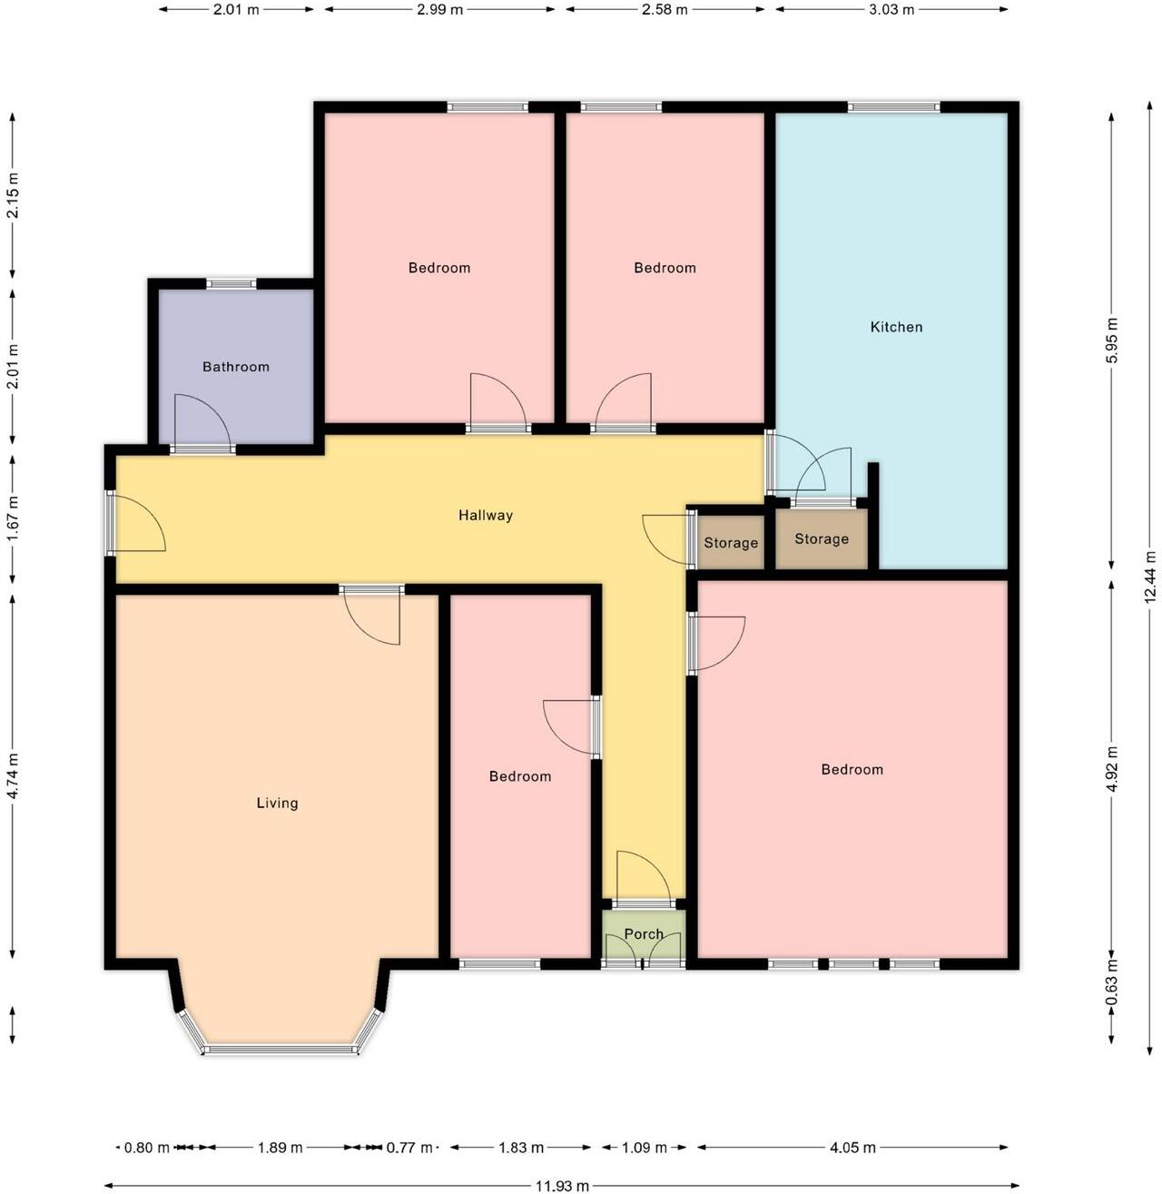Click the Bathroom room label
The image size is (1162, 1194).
pyautogui.click(x=236, y=367)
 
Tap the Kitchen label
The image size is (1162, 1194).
pyautogui.click(x=896, y=327)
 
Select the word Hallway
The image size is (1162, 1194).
pyautogui.click(x=486, y=516)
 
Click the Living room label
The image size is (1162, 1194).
pyautogui.click(x=277, y=803)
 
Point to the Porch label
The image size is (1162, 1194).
pyautogui.click(x=644, y=934)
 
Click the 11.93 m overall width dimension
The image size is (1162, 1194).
pyautogui.click(x=562, y=1186)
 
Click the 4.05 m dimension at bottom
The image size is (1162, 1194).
pyautogui.click(x=852, y=1148)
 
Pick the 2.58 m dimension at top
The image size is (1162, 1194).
pyautogui.click(x=665, y=10)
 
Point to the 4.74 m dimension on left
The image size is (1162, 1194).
pyautogui.click(x=13, y=776)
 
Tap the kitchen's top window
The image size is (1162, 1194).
pyautogui.click(x=893, y=107)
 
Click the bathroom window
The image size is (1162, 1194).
pyautogui.click(x=231, y=284)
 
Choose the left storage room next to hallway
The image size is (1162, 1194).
pyautogui.click(x=731, y=543)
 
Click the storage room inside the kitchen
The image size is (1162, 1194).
pyautogui.click(x=822, y=539)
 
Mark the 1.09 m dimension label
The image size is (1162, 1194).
pyautogui.click(x=644, y=1148)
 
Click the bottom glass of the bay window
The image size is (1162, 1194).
pyautogui.click(x=281, y=1051)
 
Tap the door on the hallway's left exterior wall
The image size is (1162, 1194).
pyautogui.click(x=134, y=524)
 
